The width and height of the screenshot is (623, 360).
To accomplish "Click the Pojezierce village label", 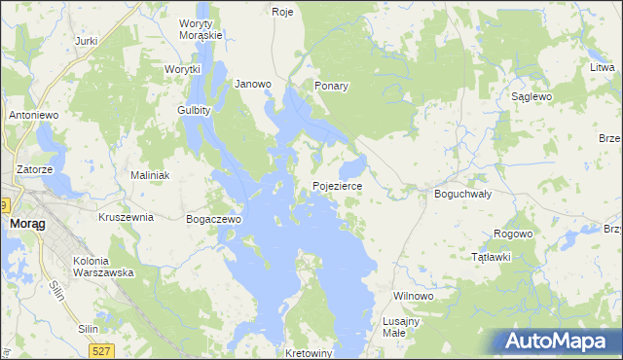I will coord(337,184).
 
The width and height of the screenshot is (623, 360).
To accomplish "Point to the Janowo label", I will coord(253,84).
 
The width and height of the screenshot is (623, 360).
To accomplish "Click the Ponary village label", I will coord(331,86).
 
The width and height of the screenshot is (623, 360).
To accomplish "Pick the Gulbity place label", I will coord(195,110).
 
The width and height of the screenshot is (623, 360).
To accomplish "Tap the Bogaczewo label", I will coord(213,220).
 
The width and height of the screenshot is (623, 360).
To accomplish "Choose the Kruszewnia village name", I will coord(127,217).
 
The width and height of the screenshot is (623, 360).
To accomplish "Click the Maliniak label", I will coord(151,175).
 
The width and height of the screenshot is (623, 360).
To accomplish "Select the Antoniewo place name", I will coord(35,115).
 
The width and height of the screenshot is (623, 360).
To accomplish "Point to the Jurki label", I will coord(87,41).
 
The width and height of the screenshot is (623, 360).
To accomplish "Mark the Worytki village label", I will coord(182,69).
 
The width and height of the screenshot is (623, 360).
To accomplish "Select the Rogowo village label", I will coord(513,234).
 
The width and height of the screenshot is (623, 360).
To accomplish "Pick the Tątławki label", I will coord(491,257).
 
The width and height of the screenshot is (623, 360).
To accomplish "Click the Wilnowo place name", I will coord(412,295).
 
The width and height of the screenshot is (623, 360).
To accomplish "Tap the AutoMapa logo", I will coord(558,342).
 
